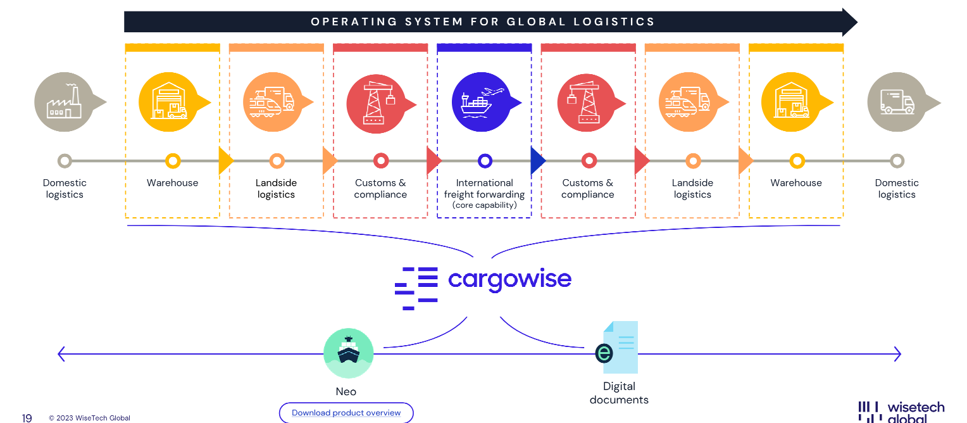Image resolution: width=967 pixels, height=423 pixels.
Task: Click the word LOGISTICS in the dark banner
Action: click(x=614, y=22)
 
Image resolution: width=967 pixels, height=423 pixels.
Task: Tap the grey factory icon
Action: click(x=65, y=103)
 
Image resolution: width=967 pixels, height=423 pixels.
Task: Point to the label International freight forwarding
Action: click(x=484, y=189)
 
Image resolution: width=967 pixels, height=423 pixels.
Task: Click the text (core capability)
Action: click(x=484, y=205)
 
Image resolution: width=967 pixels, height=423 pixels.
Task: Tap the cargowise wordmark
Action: click(x=509, y=280)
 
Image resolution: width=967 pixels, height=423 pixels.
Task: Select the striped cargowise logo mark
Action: click(x=416, y=289)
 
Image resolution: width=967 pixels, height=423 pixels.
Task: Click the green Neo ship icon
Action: click(x=348, y=353)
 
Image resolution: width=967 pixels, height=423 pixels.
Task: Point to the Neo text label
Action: click(x=346, y=391)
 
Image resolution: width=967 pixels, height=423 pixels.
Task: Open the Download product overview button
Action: click(x=346, y=413)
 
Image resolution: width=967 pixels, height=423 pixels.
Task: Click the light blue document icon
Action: click(x=617, y=348)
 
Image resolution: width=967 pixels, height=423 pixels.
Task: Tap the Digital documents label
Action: click(x=619, y=393)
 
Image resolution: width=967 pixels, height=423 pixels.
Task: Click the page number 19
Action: click(x=27, y=418)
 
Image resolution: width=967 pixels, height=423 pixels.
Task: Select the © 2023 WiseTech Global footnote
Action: click(x=89, y=418)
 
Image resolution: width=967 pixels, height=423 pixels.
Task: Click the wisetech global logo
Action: click(x=901, y=412)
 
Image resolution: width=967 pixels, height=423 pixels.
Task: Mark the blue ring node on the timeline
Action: click(x=485, y=161)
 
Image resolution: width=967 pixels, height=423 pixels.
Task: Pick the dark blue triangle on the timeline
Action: click(x=538, y=161)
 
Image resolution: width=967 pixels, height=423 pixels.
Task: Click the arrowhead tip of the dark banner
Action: click(x=858, y=22)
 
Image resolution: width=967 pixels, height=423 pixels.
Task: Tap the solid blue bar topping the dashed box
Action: click(x=484, y=47)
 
